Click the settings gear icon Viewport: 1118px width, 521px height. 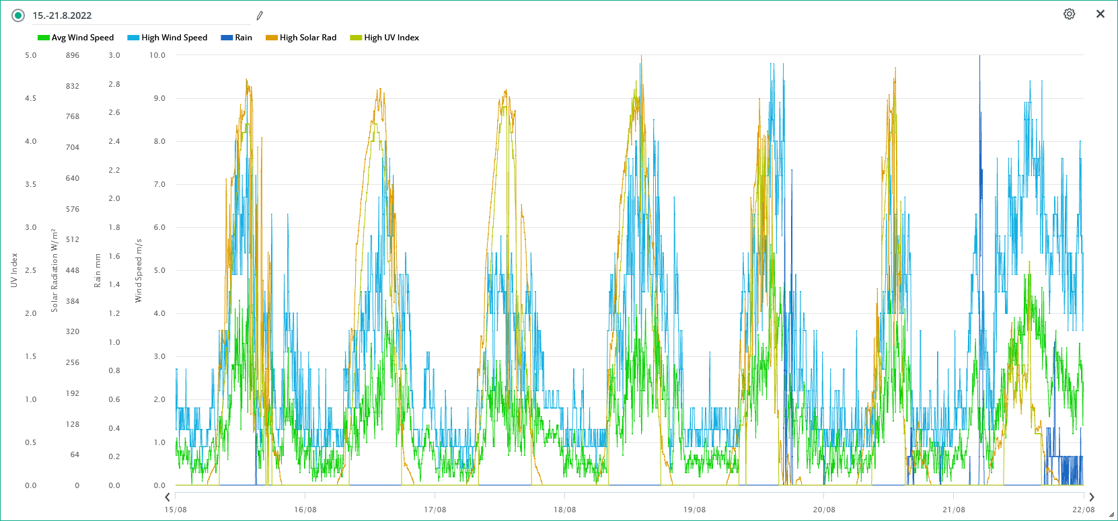coord(1069,14)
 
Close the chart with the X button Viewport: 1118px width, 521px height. coord(1101,14)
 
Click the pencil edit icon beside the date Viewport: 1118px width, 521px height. coord(260,15)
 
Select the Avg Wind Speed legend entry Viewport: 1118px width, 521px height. coord(76,38)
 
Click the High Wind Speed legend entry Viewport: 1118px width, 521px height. coord(167,38)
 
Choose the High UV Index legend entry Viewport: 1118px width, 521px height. coord(385,38)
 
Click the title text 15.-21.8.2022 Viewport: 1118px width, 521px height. coord(62,15)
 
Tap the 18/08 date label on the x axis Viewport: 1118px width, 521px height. coord(564,510)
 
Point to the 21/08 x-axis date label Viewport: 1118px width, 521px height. coord(954,510)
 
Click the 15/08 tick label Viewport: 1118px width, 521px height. coord(176,510)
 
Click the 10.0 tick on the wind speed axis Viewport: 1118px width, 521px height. coord(157,55)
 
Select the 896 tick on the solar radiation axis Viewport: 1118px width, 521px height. coord(73,55)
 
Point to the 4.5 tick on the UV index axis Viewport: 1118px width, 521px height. coord(31,98)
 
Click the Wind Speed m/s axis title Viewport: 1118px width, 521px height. coord(139,270)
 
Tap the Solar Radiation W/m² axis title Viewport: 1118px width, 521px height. coord(54,270)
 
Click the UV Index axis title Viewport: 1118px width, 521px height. coord(14,270)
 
